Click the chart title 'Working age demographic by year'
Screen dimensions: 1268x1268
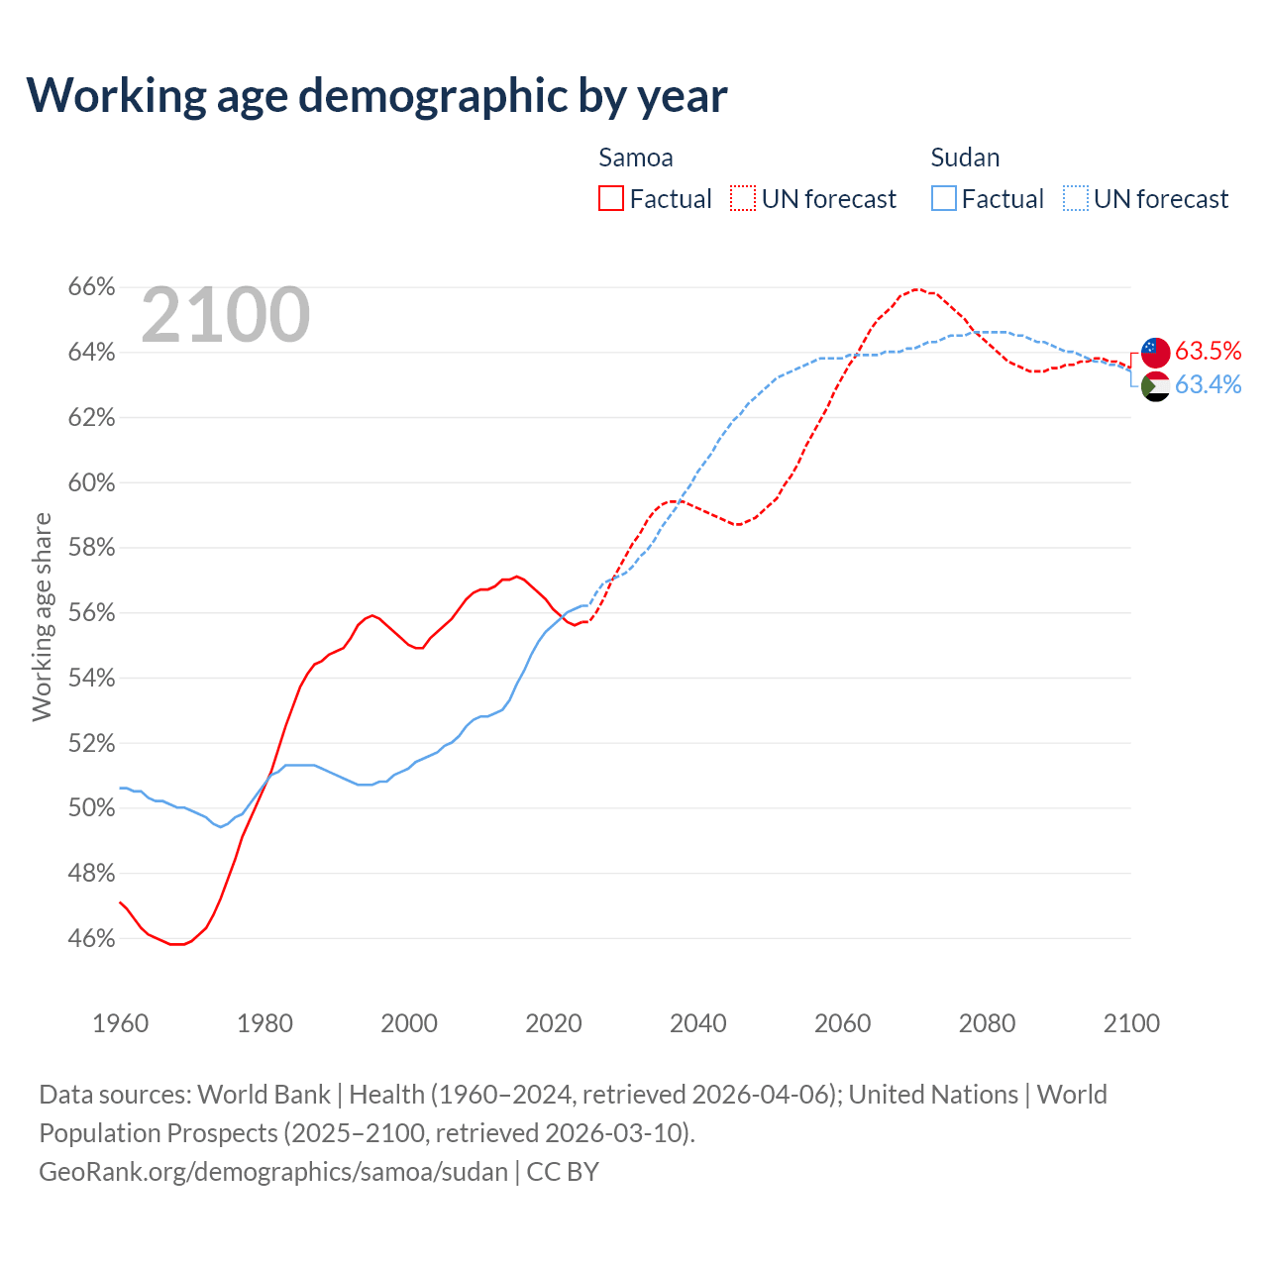[376, 95]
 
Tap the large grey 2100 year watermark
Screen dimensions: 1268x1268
[226, 315]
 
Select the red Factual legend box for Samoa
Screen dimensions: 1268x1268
[611, 199]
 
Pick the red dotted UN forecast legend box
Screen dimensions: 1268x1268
[743, 199]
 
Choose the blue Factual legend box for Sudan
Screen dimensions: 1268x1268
[944, 199]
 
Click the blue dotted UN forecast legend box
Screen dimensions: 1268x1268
[1076, 199]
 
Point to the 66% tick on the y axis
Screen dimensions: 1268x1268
[91, 287]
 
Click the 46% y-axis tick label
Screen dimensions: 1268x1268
[91, 938]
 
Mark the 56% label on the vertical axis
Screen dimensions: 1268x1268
[91, 613]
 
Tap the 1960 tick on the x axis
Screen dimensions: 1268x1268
[121, 1023]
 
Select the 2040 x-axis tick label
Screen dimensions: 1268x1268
[698, 1023]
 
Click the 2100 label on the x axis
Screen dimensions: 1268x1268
[1131, 1023]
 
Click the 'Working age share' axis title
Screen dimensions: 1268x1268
[42, 616]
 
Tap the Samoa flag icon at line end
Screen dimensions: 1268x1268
[1155, 352]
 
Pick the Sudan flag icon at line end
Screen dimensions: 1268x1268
[1155, 386]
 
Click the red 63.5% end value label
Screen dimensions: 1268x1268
[1209, 352]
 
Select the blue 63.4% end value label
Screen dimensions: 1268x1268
[1209, 385]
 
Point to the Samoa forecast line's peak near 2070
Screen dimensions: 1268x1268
[916, 289]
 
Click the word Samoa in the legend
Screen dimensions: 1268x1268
[636, 158]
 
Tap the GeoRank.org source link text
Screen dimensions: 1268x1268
[273, 1172]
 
